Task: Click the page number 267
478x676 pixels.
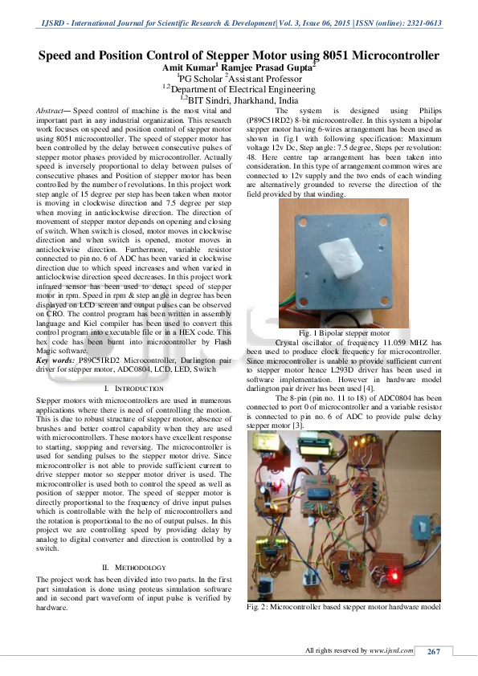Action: click(434, 650)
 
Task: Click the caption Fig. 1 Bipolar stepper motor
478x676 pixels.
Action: click(343, 332)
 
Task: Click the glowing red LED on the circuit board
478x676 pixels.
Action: click(394, 576)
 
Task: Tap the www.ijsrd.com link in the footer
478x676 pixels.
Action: click(391, 650)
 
